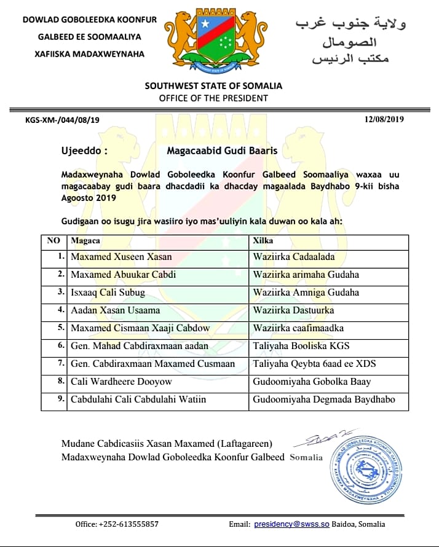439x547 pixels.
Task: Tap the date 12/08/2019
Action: click(384, 119)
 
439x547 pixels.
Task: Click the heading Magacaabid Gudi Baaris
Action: click(222, 150)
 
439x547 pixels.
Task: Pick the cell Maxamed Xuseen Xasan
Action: click(121, 256)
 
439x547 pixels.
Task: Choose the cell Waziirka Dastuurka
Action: click(293, 310)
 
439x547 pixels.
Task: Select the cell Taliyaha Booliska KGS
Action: click(301, 346)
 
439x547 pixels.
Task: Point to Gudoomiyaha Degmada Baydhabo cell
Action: click(323, 399)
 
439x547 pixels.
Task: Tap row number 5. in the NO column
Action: click(60, 328)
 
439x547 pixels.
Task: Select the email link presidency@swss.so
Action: click(291, 524)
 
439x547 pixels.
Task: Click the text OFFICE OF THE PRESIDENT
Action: click(213, 98)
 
